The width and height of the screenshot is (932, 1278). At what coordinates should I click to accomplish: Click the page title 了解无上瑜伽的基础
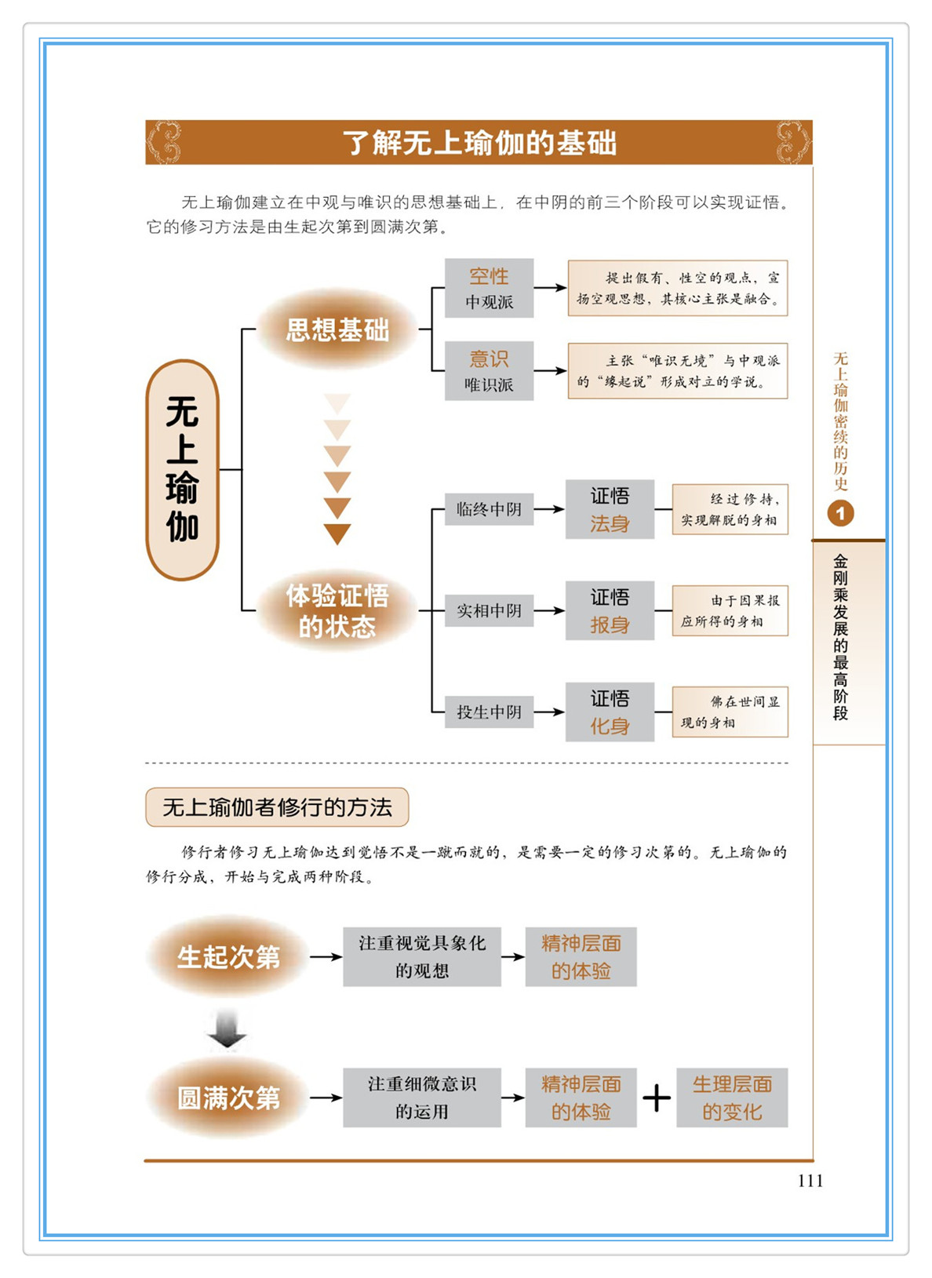[x=479, y=143]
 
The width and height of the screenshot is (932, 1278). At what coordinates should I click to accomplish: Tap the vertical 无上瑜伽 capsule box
[x=182, y=469]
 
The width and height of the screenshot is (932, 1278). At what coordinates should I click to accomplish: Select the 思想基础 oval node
[x=337, y=330]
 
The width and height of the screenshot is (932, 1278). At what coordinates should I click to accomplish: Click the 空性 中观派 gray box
[x=489, y=288]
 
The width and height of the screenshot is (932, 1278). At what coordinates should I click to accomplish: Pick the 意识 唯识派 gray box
[x=489, y=371]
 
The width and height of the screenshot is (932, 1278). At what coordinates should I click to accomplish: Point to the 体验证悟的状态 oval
[x=337, y=610]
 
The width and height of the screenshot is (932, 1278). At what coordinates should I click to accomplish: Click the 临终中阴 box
[x=489, y=509]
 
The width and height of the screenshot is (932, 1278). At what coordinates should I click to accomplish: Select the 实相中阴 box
[x=489, y=610]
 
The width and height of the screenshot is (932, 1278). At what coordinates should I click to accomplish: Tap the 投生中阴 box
[x=489, y=712]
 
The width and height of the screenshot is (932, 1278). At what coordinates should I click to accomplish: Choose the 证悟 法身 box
[x=610, y=509]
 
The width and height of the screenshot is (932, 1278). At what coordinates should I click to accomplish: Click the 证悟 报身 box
[x=610, y=610]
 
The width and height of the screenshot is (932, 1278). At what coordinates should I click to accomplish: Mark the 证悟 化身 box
[x=610, y=712]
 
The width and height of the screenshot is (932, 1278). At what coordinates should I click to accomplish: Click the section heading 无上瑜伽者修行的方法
[x=277, y=807]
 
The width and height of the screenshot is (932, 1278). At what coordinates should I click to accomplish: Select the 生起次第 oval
[x=228, y=956]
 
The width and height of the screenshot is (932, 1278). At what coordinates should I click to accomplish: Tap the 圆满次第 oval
[x=228, y=1098]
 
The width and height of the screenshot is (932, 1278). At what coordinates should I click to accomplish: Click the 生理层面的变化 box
[x=731, y=1098]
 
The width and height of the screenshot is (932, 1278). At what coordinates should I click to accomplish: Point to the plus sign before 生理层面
[x=657, y=1098]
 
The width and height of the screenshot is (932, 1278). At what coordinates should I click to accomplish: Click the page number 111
[x=810, y=1181]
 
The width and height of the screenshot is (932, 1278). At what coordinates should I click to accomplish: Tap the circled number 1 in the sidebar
[x=840, y=514]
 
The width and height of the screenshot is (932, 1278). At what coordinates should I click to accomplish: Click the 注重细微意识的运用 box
[x=421, y=1098]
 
